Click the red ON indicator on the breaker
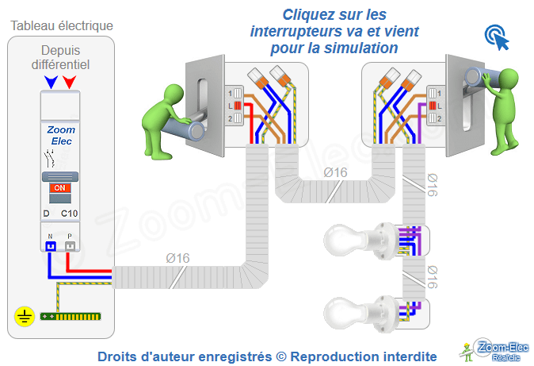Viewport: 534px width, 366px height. [x=59, y=188]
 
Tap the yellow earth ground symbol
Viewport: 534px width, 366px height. [x=24, y=318]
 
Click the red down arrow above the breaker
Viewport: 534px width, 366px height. [x=70, y=81]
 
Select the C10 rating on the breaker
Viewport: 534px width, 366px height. [x=69, y=214]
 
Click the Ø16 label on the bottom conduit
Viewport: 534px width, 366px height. [x=177, y=258]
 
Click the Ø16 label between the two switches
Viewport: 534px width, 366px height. [x=335, y=172]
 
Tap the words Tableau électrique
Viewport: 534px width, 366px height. [x=62, y=25]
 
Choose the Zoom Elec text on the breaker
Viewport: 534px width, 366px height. [x=61, y=134]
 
